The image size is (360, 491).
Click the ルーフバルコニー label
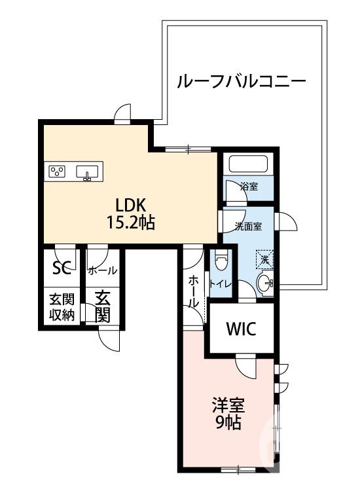click(x=240, y=82)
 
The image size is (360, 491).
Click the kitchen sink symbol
click(x=87, y=172)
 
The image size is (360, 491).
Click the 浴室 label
click(x=249, y=187)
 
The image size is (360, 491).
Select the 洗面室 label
click(x=249, y=227)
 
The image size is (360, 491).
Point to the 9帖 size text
click(x=227, y=424)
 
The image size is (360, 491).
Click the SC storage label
click(x=61, y=268)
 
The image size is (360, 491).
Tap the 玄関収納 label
click(x=62, y=306)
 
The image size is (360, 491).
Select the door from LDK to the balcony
click(x=121, y=115)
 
